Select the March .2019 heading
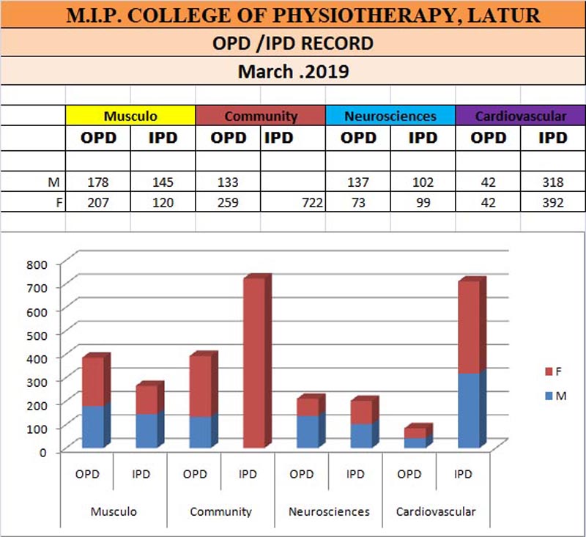point(293,73)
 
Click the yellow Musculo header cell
point(130,116)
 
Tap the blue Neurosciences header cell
point(390,116)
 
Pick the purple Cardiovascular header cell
point(520,116)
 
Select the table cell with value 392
point(552,203)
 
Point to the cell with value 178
point(97,182)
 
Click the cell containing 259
point(228,203)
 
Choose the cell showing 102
point(422,182)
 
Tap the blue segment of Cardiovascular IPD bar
point(471,410)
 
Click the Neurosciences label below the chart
point(329,511)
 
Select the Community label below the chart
point(220,511)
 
